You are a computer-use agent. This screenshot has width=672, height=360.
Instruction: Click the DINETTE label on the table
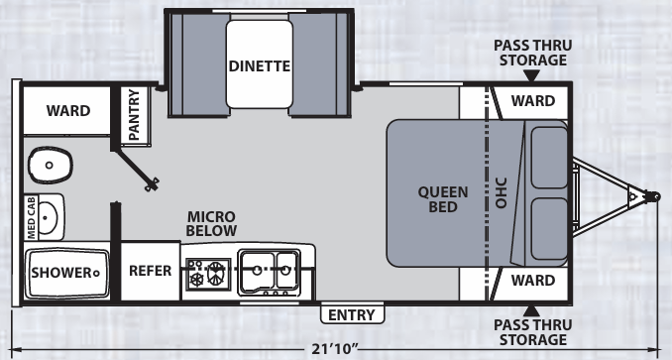coord(260,66)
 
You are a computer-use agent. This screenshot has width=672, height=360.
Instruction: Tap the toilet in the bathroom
coord(51,165)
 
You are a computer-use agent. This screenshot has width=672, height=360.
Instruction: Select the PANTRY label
coord(134,114)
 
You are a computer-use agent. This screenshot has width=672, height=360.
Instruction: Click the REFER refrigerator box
coord(150,271)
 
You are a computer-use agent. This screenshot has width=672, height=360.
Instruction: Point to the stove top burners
coord(208,273)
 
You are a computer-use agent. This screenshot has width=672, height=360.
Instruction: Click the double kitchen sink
coord(270,272)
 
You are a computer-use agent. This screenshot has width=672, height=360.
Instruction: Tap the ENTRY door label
coord(352,315)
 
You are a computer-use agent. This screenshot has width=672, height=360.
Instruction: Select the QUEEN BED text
coord(443,199)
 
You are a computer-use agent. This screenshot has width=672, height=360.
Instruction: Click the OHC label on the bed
coord(501,192)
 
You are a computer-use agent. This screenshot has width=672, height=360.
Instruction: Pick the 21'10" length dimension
coord(334,349)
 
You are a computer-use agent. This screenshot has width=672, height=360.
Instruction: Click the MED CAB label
coord(32,217)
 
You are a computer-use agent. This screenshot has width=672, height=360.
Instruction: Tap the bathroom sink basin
coord(48,218)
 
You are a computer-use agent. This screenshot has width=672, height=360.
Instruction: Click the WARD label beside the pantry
coord(68,110)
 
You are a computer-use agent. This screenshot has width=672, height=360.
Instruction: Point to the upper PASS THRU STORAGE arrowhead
coord(532,75)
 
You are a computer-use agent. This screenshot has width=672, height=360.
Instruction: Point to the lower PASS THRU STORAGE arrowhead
coord(532,310)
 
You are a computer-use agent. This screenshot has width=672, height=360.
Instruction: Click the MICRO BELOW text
coord(211,223)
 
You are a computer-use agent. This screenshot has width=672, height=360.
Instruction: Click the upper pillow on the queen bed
coord(549,158)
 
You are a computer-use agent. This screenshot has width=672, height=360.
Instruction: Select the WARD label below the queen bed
coord(533,281)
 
